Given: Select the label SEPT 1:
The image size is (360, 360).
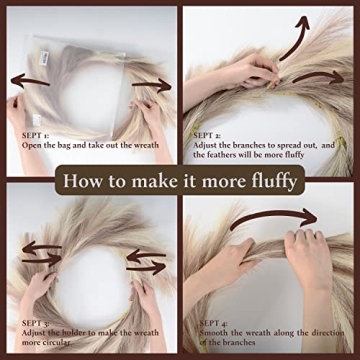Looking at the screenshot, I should coord(23,133).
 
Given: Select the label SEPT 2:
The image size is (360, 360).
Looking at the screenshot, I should coord(208,133).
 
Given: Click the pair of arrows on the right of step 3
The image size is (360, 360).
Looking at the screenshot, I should coord(146,261).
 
